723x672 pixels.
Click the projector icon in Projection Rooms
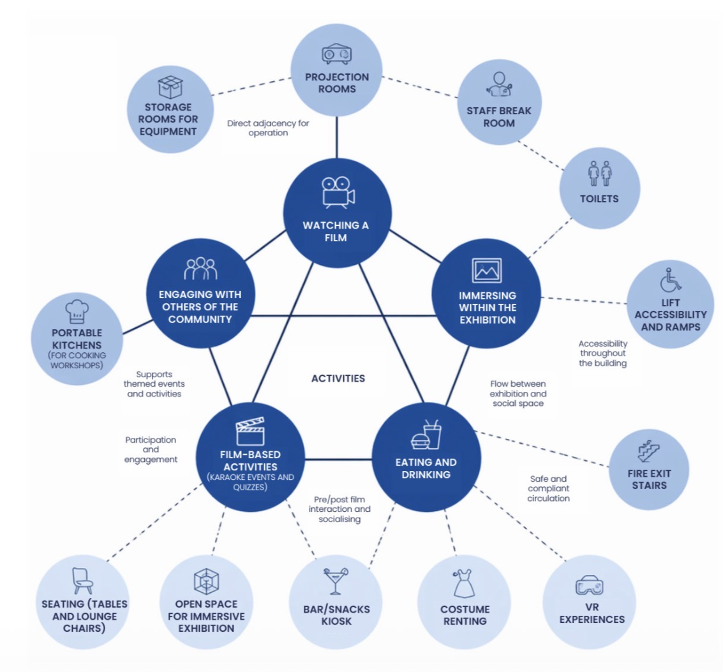tap(336, 54)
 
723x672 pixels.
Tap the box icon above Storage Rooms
tap(170, 87)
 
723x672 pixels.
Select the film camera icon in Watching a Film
tap(338, 191)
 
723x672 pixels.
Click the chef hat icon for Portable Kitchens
tap(77, 311)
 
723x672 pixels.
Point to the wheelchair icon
tap(670, 280)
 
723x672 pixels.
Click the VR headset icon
tap(589, 585)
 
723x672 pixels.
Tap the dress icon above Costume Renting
tap(463, 583)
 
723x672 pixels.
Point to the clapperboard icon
tap(250, 431)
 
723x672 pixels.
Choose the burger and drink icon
tap(426, 435)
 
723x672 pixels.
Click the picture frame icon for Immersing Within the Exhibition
tap(486, 271)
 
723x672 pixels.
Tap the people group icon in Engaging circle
tap(200, 269)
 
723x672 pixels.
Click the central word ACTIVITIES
tap(338, 378)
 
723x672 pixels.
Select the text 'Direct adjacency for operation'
tap(268, 128)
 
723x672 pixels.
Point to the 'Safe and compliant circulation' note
tap(548, 488)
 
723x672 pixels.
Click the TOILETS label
tap(599, 198)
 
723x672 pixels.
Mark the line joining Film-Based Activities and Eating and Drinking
tap(338, 459)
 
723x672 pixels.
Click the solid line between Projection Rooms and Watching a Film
tap(336, 137)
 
